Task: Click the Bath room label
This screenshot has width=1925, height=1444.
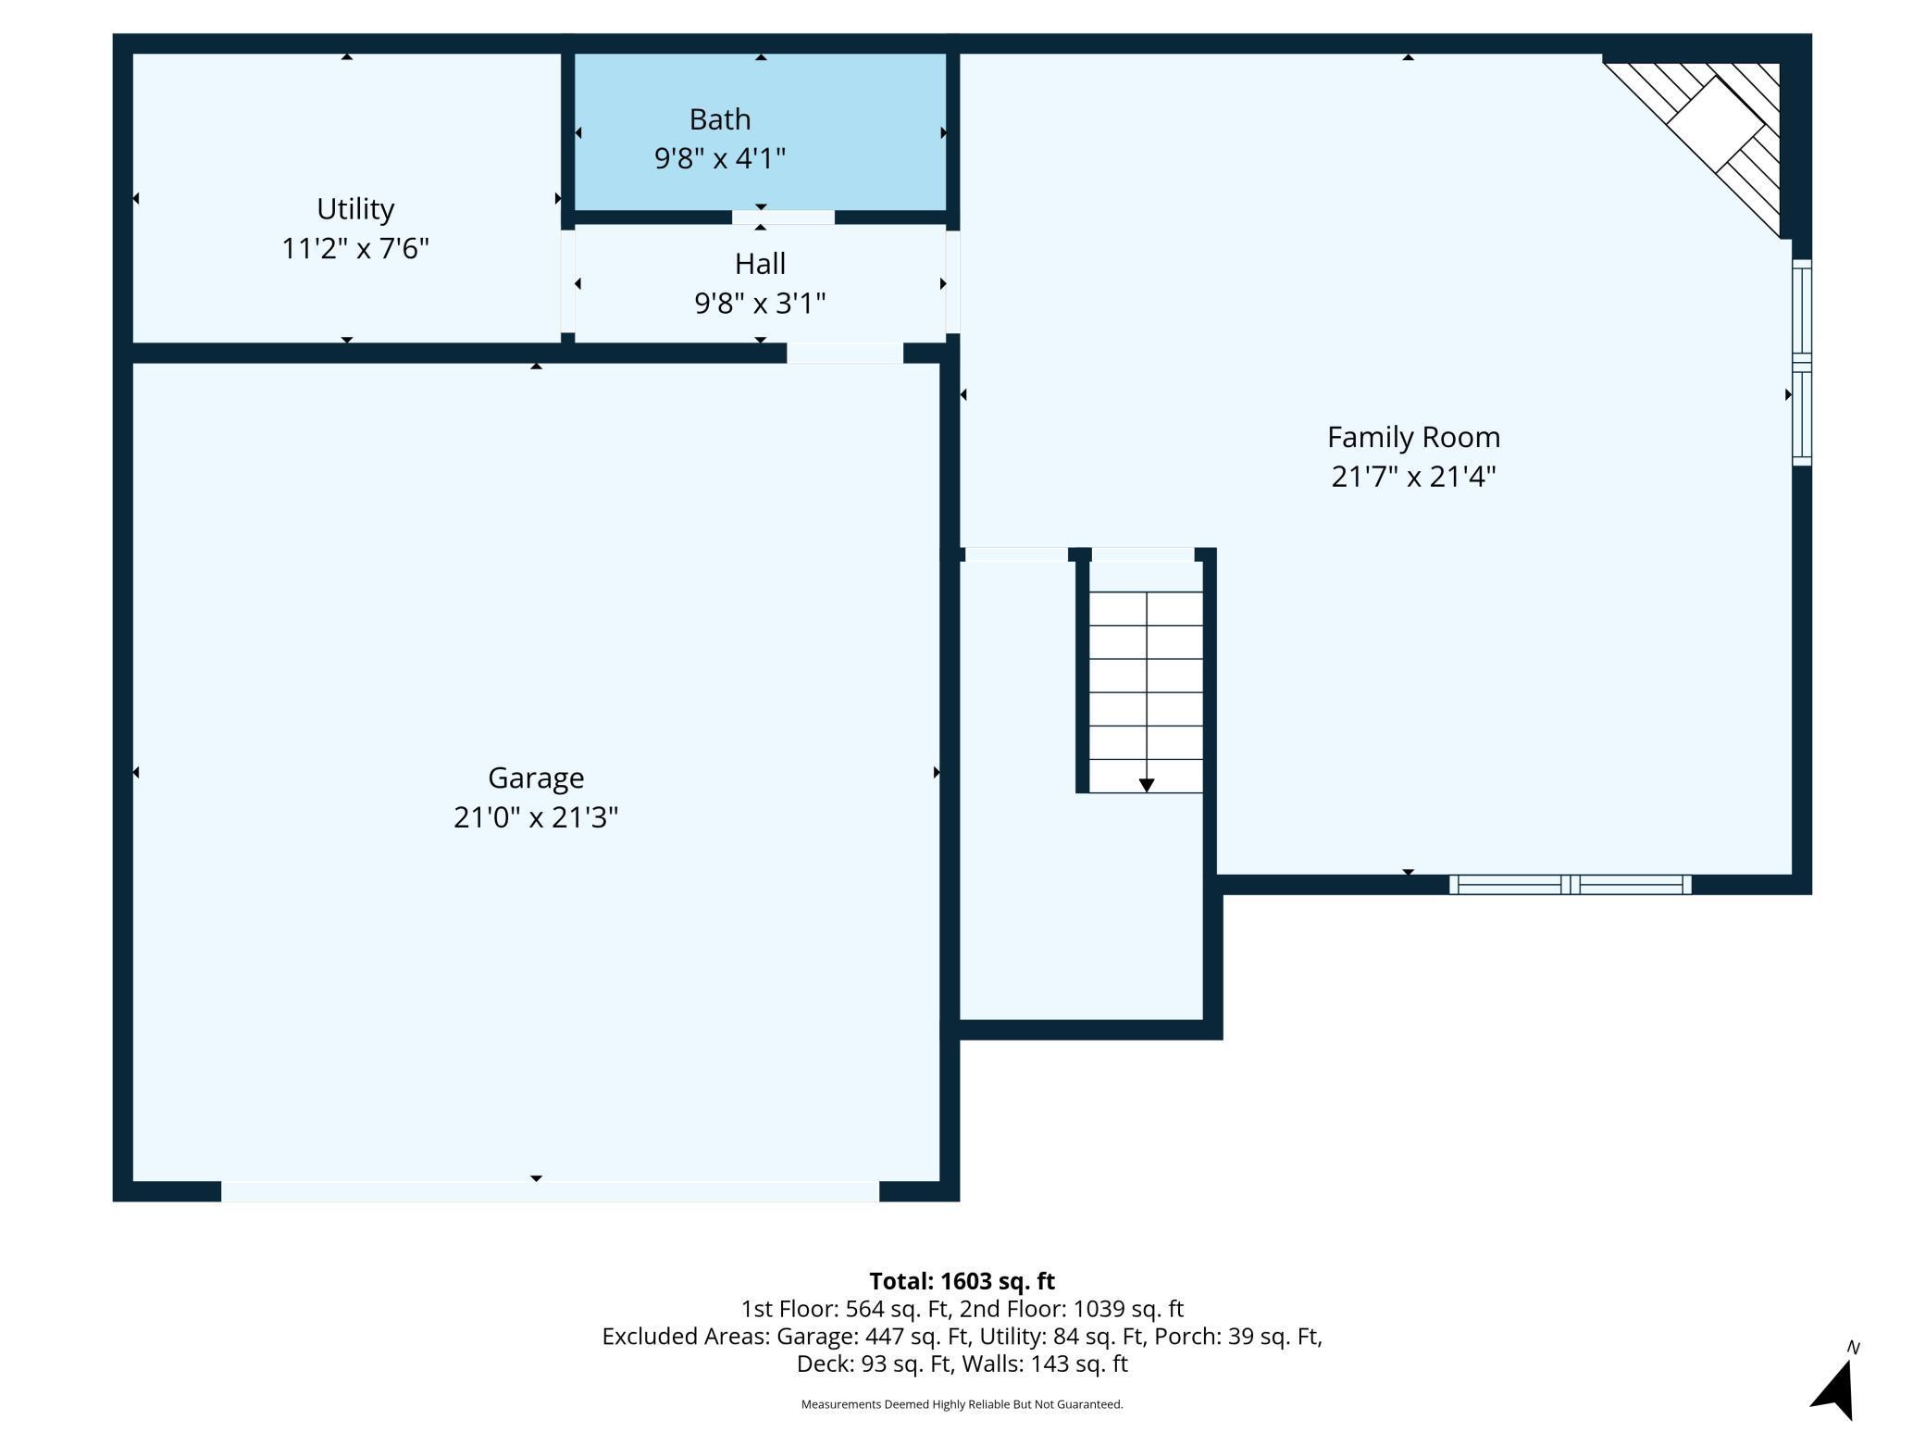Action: tap(719, 119)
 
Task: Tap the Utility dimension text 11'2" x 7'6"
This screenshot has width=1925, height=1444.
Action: tap(355, 249)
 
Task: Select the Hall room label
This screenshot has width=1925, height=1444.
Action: tap(760, 264)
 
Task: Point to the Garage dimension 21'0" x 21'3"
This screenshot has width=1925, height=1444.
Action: tap(536, 817)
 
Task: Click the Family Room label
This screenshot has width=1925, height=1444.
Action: tap(1413, 437)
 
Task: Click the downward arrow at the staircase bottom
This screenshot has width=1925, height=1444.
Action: tap(1147, 785)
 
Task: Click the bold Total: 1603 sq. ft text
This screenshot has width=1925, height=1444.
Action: tap(962, 1281)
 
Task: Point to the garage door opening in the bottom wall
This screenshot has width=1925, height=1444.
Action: tap(550, 1191)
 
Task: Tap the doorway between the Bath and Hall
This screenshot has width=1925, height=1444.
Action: tap(783, 218)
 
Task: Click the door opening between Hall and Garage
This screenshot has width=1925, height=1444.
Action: tap(845, 353)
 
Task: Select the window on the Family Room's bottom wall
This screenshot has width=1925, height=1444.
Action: tap(1571, 885)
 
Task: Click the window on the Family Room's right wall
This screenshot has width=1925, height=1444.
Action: tap(1802, 362)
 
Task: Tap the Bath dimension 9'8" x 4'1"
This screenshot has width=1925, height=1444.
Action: tap(719, 159)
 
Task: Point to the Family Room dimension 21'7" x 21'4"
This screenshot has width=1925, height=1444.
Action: tap(1413, 477)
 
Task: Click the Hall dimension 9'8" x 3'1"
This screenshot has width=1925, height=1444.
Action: tap(760, 304)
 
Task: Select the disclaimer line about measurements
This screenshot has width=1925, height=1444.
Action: tap(962, 1404)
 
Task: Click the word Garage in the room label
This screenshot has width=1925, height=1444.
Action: tap(536, 778)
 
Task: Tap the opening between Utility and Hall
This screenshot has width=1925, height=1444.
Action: tap(567, 281)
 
